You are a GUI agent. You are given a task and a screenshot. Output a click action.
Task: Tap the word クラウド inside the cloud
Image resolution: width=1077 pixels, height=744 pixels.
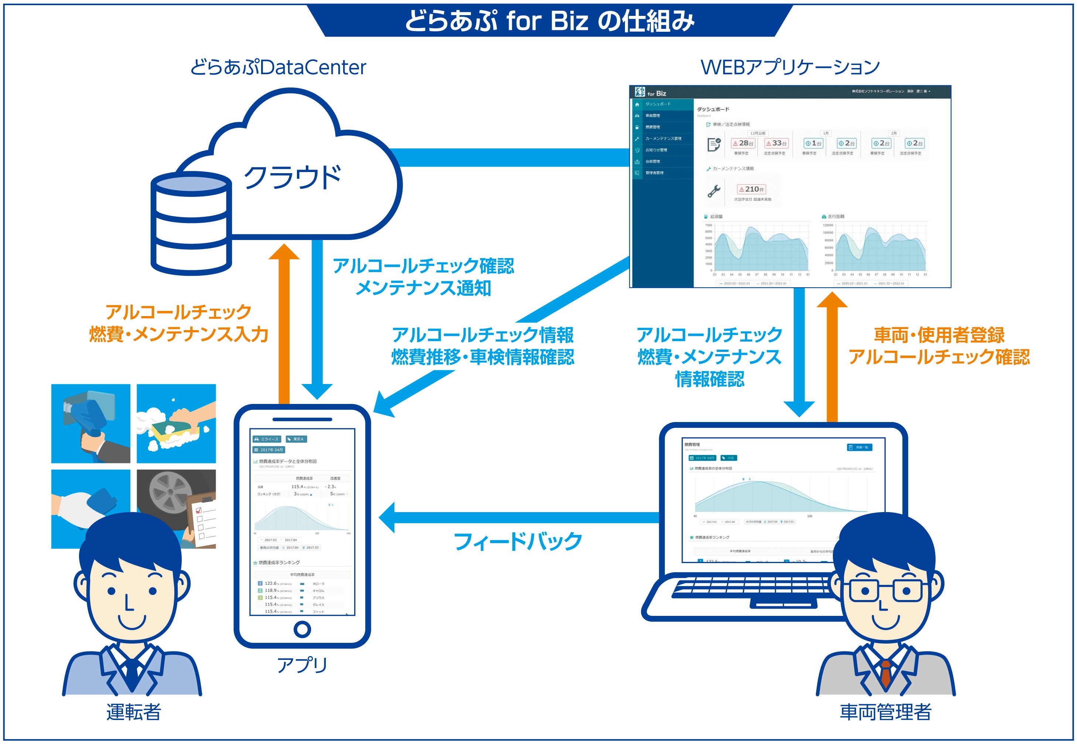(292, 178)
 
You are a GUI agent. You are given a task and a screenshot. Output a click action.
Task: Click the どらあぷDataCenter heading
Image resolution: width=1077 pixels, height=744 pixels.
(278, 68)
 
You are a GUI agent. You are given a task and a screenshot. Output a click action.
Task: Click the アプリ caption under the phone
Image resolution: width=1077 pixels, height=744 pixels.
(302, 665)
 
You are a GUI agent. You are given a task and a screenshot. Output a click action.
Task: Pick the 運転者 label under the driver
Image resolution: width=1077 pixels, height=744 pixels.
(134, 712)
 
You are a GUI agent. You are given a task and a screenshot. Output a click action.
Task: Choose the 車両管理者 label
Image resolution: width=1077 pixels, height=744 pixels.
(885, 712)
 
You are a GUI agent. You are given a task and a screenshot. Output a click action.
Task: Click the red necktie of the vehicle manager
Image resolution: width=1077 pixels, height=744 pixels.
(885, 673)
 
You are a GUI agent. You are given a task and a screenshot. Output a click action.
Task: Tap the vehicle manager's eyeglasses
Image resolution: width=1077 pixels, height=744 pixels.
(885, 591)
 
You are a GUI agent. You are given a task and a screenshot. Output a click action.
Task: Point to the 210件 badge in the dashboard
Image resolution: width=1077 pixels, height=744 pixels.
(751, 189)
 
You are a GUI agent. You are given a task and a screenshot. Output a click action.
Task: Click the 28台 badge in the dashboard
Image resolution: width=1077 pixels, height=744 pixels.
(743, 144)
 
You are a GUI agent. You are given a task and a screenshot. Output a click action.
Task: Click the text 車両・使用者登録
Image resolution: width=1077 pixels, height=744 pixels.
(938, 335)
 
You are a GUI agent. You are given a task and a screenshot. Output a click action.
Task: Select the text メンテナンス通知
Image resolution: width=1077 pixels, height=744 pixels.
(423, 288)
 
